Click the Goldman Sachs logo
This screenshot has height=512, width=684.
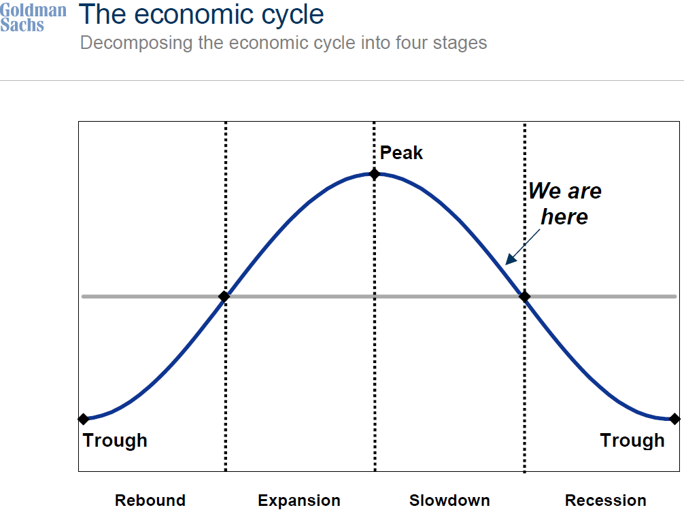click(33, 18)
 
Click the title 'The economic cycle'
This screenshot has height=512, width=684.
click(201, 14)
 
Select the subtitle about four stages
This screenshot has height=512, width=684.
click(284, 43)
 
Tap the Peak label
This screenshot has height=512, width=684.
click(401, 153)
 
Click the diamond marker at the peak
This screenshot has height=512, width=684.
click(374, 174)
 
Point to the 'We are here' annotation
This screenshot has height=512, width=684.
click(564, 203)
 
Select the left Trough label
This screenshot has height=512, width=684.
click(115, 441)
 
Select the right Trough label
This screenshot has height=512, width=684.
click(632, 441)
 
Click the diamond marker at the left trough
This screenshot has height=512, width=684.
click(84, 419)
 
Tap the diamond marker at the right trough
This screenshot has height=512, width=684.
click(674, 419)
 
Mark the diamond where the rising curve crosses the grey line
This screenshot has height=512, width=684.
click(224, 296)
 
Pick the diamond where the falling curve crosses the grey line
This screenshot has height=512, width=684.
click(524, 296)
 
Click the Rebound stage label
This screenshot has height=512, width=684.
click(150, 500)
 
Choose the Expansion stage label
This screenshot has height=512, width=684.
click(299, 500)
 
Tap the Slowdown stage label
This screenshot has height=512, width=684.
click(449, 500)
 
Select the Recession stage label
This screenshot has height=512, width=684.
click(606, 500)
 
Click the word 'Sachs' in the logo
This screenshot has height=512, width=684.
click(22, 25)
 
